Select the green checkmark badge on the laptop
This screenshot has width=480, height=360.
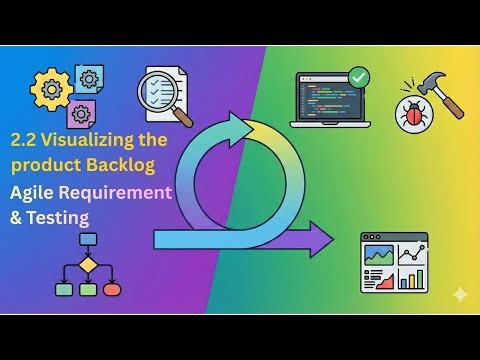click(357, 75)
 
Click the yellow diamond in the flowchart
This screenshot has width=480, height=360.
click(87, 265)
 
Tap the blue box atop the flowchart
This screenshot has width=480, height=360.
click(87, 240)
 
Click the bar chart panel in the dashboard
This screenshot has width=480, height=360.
click(410, 276)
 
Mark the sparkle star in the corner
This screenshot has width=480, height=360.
click(460, 294)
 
